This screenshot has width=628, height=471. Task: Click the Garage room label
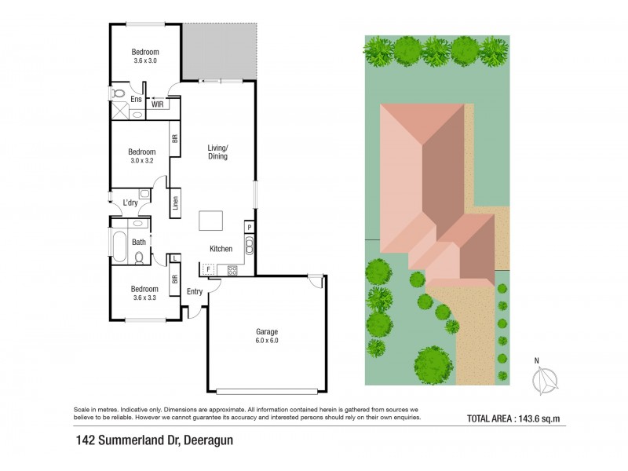tap(267, 331)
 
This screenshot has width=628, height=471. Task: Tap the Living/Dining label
tap(217, 152)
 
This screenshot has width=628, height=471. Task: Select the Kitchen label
tap(221, 249)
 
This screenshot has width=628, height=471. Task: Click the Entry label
tap(195, 292)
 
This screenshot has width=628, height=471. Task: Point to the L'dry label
tap(131, 203)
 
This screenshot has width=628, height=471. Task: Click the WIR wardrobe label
tap(157, 104)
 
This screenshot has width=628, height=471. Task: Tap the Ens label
tap(136, 100)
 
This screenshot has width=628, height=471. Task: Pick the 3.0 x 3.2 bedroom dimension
tap(143, 160)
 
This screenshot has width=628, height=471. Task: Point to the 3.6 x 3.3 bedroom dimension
tap(145, 298)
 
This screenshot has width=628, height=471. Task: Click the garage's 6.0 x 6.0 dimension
tap(267, 341)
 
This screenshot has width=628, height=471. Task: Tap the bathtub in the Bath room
tap(119, 246)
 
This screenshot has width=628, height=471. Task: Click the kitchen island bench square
tap(211, 221)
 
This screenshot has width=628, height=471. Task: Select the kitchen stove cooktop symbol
tap(232, 270)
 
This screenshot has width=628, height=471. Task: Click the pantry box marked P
tap(249, 227)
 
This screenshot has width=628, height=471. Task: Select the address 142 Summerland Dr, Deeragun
tap(155, 440)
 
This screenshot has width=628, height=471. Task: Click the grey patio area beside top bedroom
tap(220, 50)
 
